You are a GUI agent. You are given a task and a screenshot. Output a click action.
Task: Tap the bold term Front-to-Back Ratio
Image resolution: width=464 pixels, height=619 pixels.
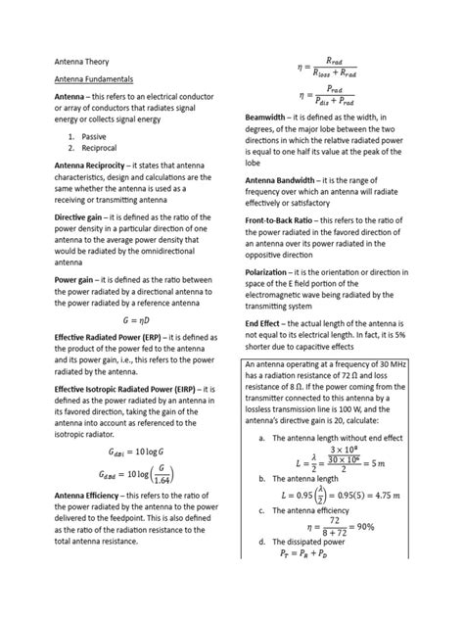tap(290, 221)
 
